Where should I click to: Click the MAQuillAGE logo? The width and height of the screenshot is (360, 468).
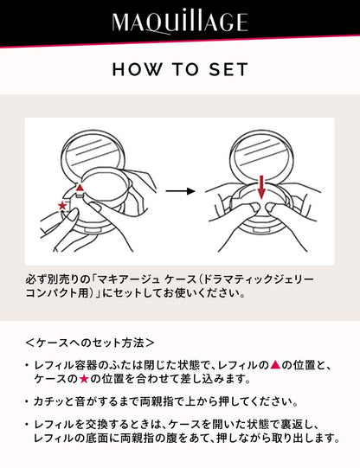(180, 22)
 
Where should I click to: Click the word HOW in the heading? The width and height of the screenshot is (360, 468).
(137, 69)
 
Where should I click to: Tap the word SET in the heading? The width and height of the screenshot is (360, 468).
(228, 69)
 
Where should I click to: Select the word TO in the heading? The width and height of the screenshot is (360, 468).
(185, 69)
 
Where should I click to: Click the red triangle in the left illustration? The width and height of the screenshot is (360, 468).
(80, 188)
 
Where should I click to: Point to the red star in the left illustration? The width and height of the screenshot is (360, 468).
(62, 205)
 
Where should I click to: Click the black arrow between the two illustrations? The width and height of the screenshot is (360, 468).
(180, 191)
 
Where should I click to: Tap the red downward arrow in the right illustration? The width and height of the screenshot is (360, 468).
(261, 187)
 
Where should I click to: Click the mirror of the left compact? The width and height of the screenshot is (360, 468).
(93, 155)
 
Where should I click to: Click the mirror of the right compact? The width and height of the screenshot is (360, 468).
(262, 155)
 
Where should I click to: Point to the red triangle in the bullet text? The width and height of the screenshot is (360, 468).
(275, 365)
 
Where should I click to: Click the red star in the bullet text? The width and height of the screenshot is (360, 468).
(84, 379)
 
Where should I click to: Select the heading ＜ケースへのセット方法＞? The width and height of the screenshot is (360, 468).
(89, 343)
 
